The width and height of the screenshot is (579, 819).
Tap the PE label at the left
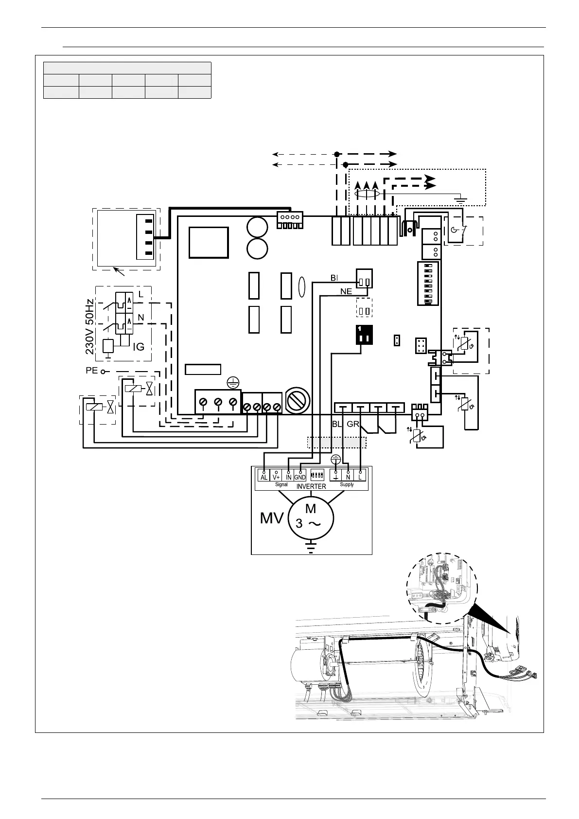(92, 371)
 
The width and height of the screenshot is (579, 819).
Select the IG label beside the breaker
(139, 346)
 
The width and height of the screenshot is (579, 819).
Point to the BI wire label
(334, 278)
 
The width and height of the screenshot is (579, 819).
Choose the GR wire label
(353, 424)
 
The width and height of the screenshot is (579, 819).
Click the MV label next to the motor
(272, 518)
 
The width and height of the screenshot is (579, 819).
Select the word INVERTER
(311, 486)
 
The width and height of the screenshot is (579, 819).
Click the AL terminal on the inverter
(263, 477)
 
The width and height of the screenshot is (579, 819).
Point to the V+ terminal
(276, 477)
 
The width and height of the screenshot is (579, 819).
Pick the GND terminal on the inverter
(300, 477)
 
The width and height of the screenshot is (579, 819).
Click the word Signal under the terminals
(281, 484)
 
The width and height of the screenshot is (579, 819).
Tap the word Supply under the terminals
(347, 484)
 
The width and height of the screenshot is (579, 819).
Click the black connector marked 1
(364, 335)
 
